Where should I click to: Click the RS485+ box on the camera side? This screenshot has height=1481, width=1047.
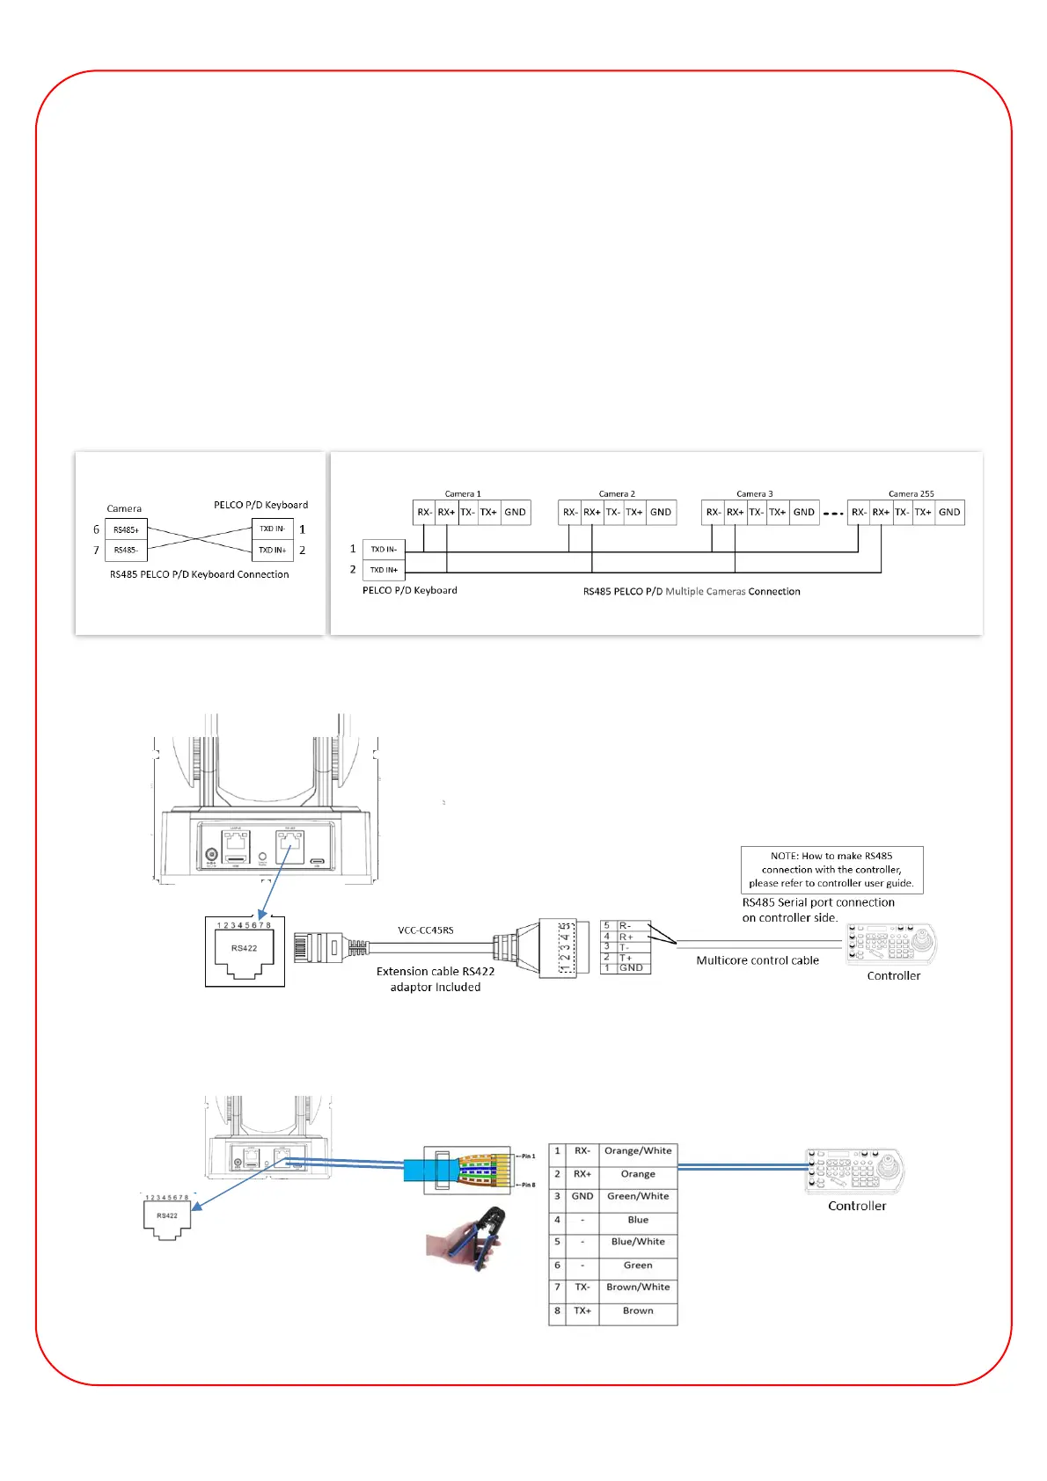coord(126,529)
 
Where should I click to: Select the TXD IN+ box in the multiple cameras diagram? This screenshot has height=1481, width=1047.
coord(384,570)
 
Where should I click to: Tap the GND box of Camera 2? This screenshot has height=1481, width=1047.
coord(661,512)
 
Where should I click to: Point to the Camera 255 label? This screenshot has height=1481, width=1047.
coord(911,494)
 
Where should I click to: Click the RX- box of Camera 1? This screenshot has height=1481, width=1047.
coord(424,512)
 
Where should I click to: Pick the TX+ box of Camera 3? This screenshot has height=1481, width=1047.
coord(778,512)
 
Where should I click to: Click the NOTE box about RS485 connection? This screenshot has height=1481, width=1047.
coord(831,870)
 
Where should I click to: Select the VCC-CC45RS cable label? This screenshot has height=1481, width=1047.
coord(426,930)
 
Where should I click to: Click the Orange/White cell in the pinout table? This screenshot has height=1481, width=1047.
coord(638,1151)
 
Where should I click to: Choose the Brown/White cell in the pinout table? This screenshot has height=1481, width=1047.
coord(638,1288)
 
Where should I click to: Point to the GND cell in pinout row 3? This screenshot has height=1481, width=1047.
coord(582,1197)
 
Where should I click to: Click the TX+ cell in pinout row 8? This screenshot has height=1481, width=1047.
coord(582,1310)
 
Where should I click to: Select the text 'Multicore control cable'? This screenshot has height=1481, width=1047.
coord(758,960)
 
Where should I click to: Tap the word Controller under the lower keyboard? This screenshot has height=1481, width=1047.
coord(857,1206)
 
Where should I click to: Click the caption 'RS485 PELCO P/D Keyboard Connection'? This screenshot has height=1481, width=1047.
coord(199,574)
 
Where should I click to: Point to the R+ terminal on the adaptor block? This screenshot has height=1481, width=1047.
coord(626,937)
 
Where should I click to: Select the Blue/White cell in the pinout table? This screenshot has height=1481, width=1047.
coord(638,1242)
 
